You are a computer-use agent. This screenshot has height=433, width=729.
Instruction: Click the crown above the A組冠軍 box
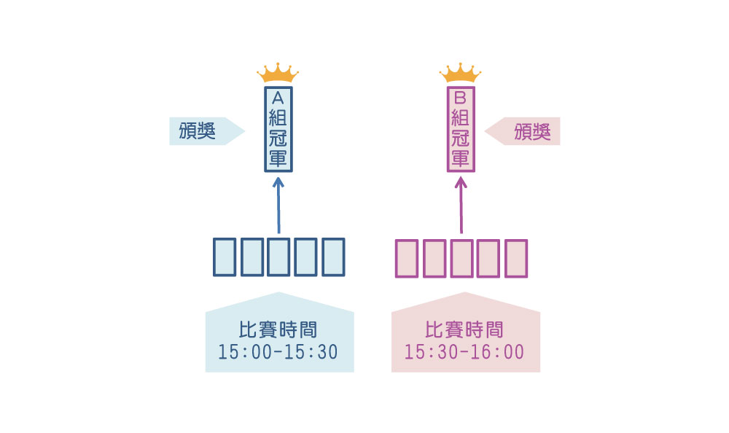pyautogui.click(x=278, y=73)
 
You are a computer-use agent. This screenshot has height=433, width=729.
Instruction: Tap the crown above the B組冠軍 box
pyautogui.click(x=460, y=73)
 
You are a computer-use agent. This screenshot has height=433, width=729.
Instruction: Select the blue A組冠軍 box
pyautogui.click(x=278, y=130)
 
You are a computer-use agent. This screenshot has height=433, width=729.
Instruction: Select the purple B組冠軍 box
pyautogui.click(x=460, y=130)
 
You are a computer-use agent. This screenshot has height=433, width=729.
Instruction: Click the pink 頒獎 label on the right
pyautogui.click(x=531, y=131)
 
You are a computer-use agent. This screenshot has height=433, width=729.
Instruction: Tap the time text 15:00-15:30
pyautogui.click(x=278, y=352)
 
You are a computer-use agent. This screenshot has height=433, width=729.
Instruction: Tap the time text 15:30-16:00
pyautogui.click(x=464, y=352)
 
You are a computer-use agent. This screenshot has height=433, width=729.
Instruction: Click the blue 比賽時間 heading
pyautogui.click(x=278, y=329)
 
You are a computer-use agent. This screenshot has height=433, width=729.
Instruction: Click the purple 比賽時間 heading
pyautogui.click(x=464, y=329)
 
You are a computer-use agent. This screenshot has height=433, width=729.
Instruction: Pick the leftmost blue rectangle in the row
pyautogui.click(x=225, y=257)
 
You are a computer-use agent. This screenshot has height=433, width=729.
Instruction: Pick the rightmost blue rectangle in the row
pyautogui.click(x=332, y=257)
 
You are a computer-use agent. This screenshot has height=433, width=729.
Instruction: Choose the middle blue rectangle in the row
pyautogui.click(x=278, y=257)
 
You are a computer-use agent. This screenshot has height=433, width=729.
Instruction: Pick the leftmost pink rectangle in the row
pyautogui.click(x=407, y=257)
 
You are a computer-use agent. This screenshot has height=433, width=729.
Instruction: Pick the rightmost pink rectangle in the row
pyautogui.click(x=515, y=257)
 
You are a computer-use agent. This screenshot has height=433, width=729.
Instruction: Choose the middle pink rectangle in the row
pyautogui.click(x=461, y=257)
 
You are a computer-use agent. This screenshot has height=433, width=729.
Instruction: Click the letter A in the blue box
pyautogui.click(x=278, y=98)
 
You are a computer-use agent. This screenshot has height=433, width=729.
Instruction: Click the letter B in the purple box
pyautogui.click(x=460, y=98)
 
